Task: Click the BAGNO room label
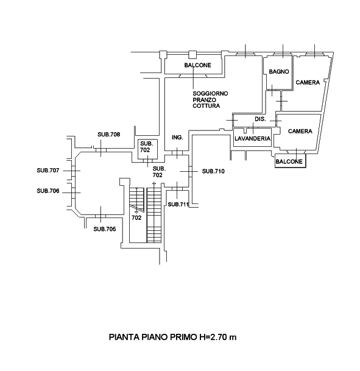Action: pos(279,71)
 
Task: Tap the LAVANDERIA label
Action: pos(252,138)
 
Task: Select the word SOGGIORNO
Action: pos(210,93)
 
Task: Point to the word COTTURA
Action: pos(206,106)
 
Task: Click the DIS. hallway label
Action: pos(260,119)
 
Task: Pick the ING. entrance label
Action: pos(177,137)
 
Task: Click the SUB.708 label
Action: pos(109,135)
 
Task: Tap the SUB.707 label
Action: pos(48,171)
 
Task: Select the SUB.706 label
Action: pos(48,191)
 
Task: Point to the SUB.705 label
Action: pos(105,229)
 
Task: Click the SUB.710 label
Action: pos(213,171)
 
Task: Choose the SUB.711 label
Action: pos(178,205)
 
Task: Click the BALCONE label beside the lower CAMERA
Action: pos(289,161)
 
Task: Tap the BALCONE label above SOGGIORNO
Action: pos(198,65)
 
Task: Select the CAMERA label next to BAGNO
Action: pos(308,82)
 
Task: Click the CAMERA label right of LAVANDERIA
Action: pos(300,131)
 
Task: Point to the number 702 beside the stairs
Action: pos(136,217)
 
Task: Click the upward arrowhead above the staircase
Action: pos(154,183)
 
